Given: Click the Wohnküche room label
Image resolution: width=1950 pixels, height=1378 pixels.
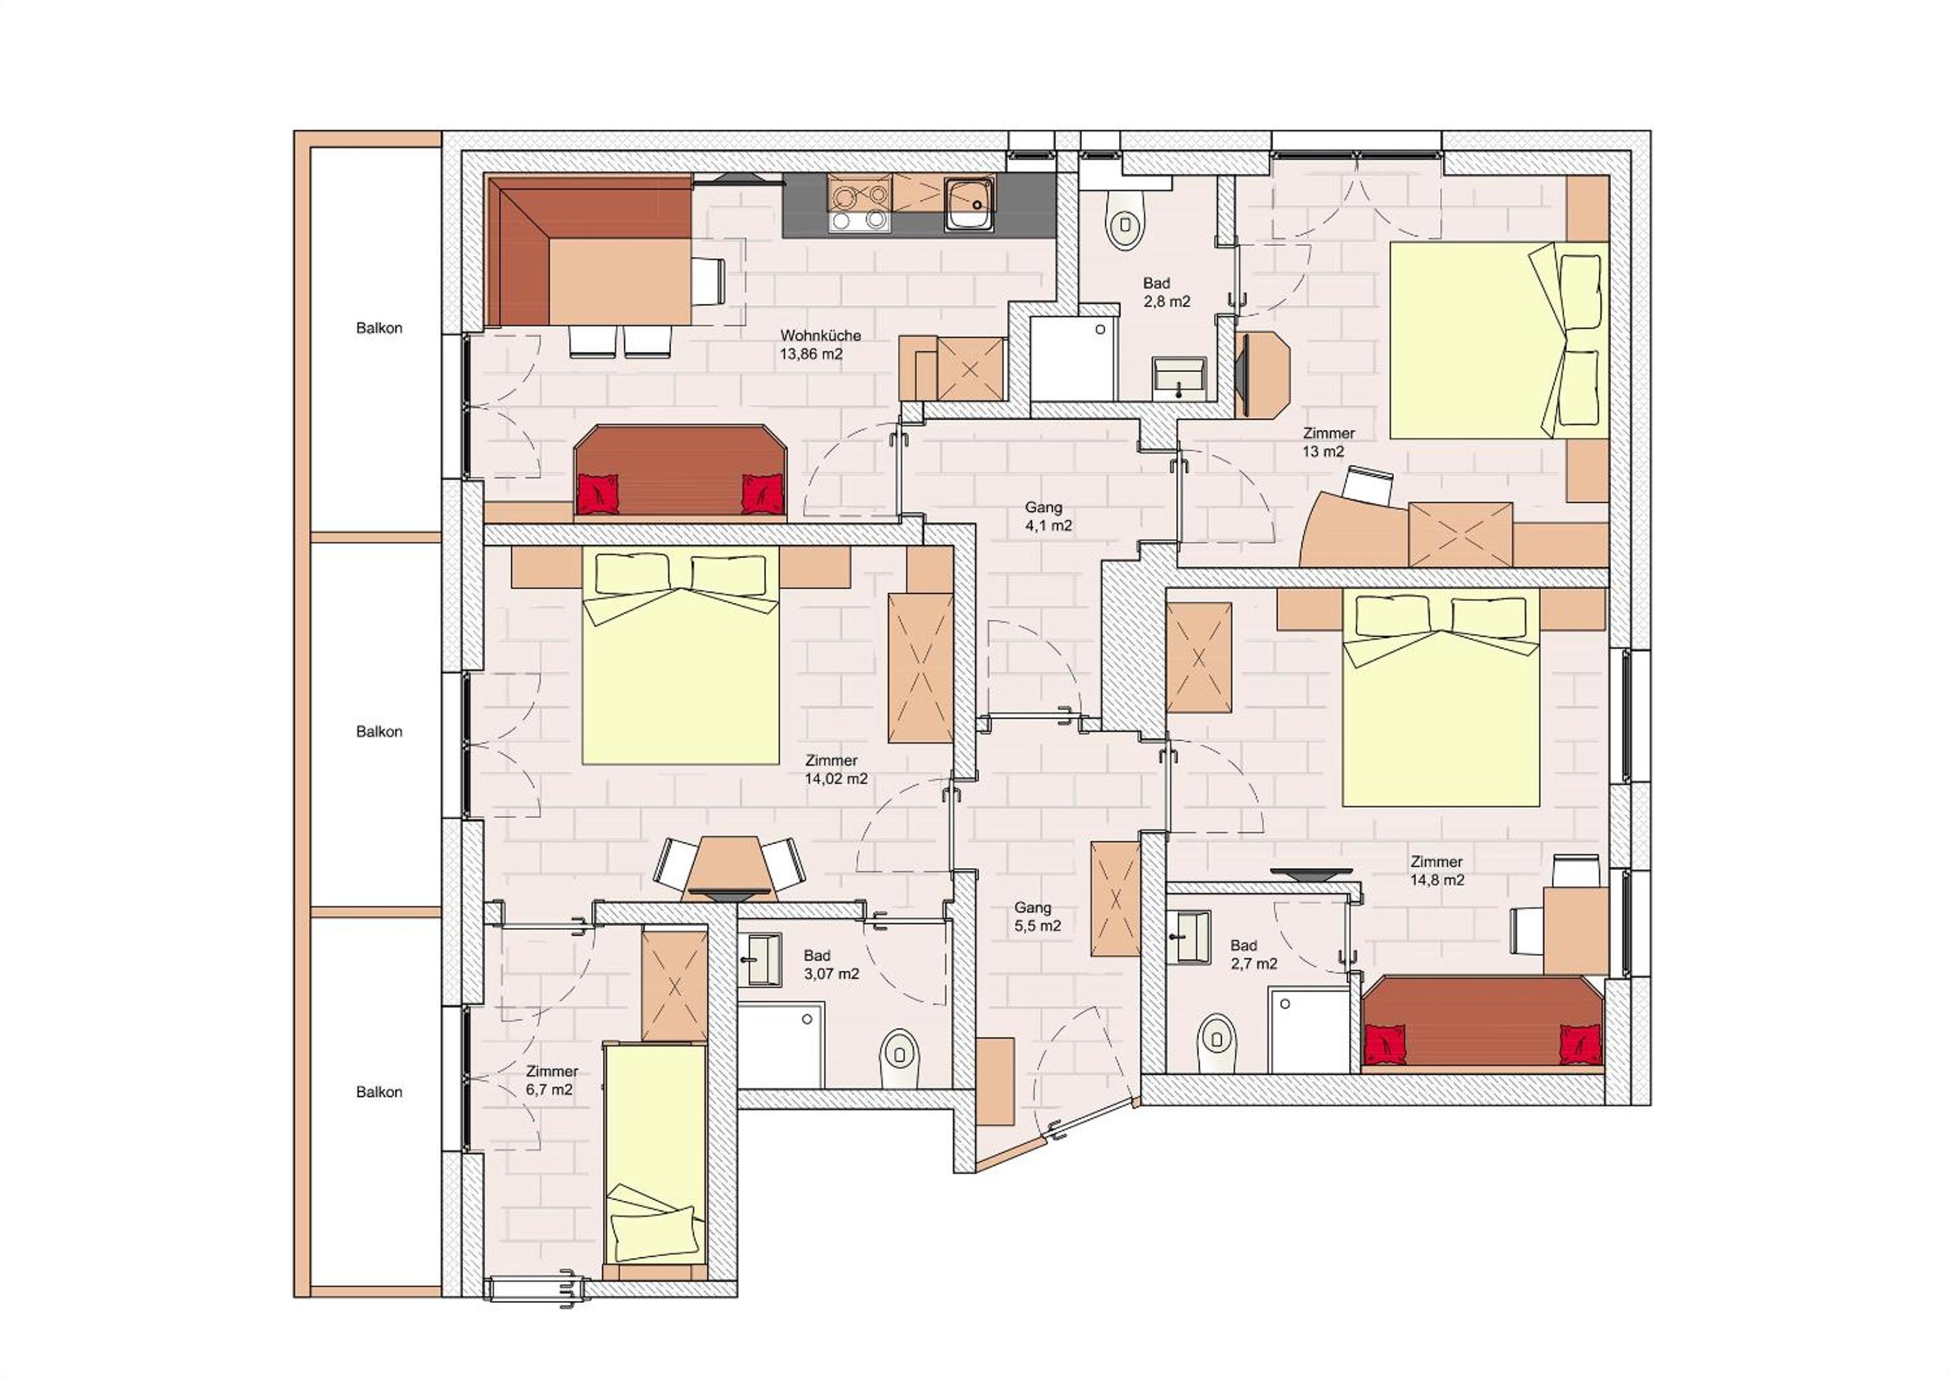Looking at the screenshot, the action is click(x=821, y=344).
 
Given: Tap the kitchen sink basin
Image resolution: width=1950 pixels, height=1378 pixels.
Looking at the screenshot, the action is click(x=969, y=204).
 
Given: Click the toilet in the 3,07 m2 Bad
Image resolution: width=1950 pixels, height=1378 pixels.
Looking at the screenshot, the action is click(x=899, y=1058).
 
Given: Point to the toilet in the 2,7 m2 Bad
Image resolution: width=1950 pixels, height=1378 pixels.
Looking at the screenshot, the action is click(x=1216, y=1042).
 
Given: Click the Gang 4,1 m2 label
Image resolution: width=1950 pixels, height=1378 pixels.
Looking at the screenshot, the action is click(x=1048, y=516).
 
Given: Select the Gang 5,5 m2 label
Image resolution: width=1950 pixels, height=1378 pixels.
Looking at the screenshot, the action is click(x=1037, y=917).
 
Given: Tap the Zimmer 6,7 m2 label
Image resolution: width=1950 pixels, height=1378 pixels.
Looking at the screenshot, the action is click(x=551, y=1080).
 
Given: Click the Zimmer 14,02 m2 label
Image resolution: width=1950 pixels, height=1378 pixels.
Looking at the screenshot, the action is click(x=836, y=769).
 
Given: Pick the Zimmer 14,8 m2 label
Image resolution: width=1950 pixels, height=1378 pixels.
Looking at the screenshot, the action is click(x=1437, y=870).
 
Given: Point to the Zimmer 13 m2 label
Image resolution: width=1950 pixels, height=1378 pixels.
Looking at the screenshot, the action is click(x=1328, y=442).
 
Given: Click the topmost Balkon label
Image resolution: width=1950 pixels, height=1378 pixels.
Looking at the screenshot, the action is click(x=379, y=328).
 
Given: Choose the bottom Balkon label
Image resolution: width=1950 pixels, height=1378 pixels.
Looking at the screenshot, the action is click(x=379, y=1092).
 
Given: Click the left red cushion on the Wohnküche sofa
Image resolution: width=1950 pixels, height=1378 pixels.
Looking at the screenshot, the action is click(x=599, y=493).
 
